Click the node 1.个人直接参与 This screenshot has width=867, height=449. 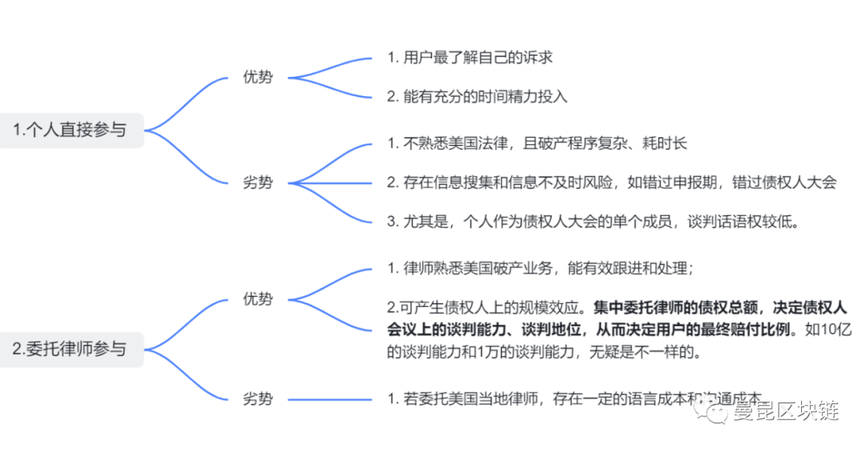click(71, 130)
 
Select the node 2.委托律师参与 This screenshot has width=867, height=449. click(71, 349)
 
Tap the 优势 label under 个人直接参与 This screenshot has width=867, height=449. click(258, 78)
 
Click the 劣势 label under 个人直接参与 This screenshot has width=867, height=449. click(258, 182)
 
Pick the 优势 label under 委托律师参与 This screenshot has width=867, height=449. click(258, 299)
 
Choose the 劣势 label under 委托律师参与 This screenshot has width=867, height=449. click(258, 398)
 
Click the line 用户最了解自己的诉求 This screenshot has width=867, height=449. click(470, 58)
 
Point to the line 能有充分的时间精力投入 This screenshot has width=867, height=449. click(477, 97)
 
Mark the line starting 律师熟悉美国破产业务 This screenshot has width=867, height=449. click(539, 268)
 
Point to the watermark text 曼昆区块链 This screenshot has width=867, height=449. click(787, 413)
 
